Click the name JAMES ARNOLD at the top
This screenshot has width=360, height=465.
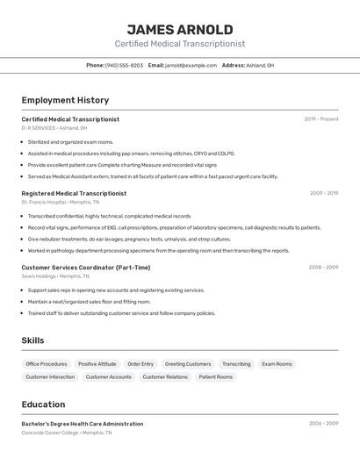click(x=179, y=30)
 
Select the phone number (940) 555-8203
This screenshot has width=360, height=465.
click(x=124, y=65)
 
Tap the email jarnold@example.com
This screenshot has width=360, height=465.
click(x=191, y=65)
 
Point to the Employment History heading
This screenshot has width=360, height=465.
click(x=65, y=100)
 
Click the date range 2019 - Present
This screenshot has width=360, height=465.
click(x=320, y=119)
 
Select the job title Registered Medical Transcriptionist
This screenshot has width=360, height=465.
click(x=74, y=193)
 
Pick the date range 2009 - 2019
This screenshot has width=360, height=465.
click(x=323, y=193)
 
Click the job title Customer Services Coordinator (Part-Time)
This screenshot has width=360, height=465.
click(x=86, y=268)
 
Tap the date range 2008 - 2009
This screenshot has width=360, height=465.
click(x=323, y=268)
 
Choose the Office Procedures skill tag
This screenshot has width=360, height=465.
click(x=47, y=364)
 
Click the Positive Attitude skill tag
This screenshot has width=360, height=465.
click(x=97, y=364)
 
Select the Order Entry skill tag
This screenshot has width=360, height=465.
click(x=140, y=364)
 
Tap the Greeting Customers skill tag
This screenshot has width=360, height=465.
click(x=188, y=364)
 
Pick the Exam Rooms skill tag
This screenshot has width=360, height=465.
click(x=277, y=364)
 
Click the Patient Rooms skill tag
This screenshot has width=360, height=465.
click(x=216, y=377)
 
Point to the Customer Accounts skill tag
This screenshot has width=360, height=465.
click(x=109, y=377)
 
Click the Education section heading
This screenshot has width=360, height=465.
click(x=43, y=404)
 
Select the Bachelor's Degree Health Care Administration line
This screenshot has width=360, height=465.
click(x=83, y=424)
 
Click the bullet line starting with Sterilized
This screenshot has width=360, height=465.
click(x=70, y=141)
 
